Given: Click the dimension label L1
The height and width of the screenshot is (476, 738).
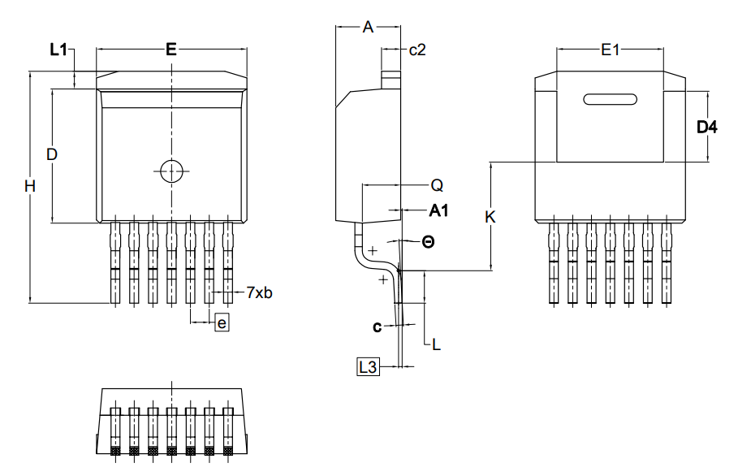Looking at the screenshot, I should coord(58,50).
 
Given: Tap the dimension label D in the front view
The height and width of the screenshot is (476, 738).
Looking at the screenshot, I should coord(51,154).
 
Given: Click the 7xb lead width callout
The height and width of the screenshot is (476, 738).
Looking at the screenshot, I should coord(258,292).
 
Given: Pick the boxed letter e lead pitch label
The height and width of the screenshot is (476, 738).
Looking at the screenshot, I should coord(222,323).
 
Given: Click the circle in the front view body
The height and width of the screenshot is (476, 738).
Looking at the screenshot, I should coord(171,171).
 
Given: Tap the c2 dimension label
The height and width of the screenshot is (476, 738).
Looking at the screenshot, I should coord(417,50).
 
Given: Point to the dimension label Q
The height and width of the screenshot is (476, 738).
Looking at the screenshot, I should coord(437,185).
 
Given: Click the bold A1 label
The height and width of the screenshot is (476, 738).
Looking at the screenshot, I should coord(439,211).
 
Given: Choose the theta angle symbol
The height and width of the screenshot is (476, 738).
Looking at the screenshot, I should coord(428,241).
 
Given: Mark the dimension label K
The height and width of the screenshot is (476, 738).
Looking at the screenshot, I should coord(490,218).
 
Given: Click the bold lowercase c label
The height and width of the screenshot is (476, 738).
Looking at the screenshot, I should coord(377,327).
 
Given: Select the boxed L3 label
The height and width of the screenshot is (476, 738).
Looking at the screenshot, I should coord(368,367).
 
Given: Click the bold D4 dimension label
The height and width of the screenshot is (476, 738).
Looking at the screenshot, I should coord(708,127).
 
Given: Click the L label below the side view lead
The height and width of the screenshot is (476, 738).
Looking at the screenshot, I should coord(436,344).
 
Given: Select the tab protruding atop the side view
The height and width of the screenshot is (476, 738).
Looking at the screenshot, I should coord(392,79).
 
